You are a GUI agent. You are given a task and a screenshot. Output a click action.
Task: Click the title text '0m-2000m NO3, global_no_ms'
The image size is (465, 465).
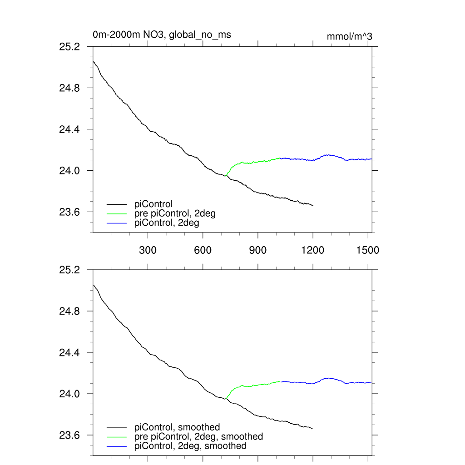pos(162,35)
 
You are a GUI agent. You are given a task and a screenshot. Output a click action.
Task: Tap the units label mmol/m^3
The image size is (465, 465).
pos(349,37)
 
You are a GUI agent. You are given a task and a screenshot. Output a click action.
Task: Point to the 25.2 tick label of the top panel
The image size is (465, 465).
pos(70,46)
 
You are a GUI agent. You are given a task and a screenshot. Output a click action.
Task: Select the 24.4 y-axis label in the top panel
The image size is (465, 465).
pos(70,129)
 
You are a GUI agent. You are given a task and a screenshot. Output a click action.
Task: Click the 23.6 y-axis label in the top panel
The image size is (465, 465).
pos(70,212)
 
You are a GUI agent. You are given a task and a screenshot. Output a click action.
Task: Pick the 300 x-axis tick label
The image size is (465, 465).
pos(148,250)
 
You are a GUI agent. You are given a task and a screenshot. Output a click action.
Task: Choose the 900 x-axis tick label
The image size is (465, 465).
pos(258,250)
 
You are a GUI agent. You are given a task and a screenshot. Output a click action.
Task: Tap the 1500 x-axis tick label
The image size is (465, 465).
pos(368,250)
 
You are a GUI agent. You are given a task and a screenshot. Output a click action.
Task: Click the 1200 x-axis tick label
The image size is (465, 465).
pos(313,250)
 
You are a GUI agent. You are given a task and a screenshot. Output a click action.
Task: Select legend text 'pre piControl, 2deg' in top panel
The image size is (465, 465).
pos(175,213)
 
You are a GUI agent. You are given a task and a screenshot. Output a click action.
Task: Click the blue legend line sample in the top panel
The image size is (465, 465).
pos(117,223)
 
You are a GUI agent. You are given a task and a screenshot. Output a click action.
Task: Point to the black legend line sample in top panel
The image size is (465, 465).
pos(117,204)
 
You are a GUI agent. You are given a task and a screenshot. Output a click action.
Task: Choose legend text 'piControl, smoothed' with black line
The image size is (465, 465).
pos(177,427)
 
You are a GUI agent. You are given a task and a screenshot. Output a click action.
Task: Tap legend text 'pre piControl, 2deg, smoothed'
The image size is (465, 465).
pos(198,436)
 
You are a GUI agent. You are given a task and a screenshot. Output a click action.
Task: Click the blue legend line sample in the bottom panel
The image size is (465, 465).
pos(117,446)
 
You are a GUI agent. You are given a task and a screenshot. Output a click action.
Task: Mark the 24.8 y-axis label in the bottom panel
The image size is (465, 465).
pos(70,312)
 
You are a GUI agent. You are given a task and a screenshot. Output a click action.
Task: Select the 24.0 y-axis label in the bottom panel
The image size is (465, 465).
pos(70,394)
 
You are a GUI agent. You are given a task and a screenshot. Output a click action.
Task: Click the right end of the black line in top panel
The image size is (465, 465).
pos(313,206)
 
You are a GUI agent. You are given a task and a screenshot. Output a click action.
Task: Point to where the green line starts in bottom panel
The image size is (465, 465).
pos(225,399)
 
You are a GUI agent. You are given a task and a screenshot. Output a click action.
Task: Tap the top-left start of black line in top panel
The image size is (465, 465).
pos(93,61)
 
